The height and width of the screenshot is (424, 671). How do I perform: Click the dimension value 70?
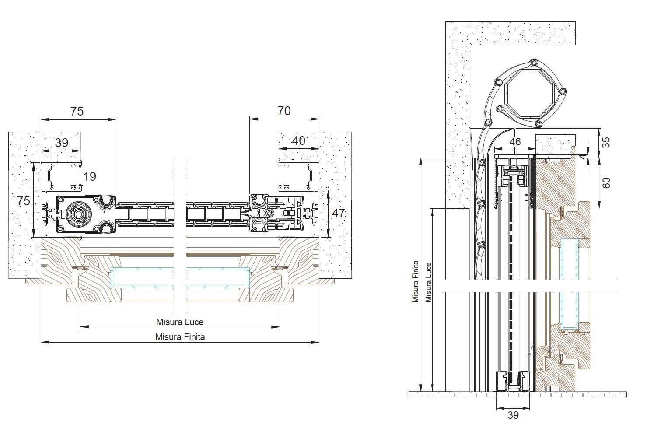284,111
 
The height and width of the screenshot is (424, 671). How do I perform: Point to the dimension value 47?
338,214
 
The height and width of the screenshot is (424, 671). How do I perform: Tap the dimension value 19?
90,176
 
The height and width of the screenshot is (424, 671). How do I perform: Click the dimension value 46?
515,142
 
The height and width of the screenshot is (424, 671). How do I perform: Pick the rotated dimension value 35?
606,142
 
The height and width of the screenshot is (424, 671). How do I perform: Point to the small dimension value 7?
531,348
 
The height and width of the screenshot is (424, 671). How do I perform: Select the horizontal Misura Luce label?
180,322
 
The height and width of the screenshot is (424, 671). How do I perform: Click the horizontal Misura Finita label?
180,336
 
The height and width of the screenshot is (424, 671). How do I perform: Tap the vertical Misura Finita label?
416,282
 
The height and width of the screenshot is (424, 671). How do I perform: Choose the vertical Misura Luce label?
429,282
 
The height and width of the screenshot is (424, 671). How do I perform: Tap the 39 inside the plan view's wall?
61,143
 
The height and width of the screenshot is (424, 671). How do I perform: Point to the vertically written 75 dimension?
24,201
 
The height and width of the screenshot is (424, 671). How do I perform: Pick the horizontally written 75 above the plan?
77,111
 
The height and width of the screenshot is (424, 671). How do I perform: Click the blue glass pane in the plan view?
180,277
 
